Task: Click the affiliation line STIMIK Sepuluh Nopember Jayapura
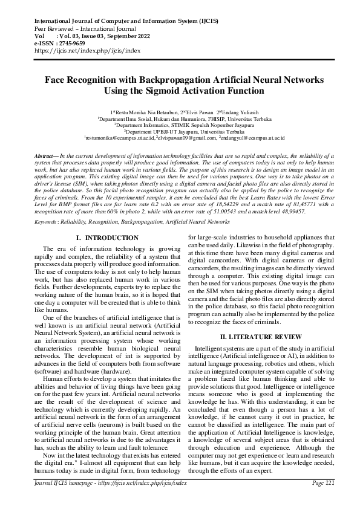[180, 125]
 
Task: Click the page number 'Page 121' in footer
[321, 500]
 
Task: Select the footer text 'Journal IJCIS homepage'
[57, 500]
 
